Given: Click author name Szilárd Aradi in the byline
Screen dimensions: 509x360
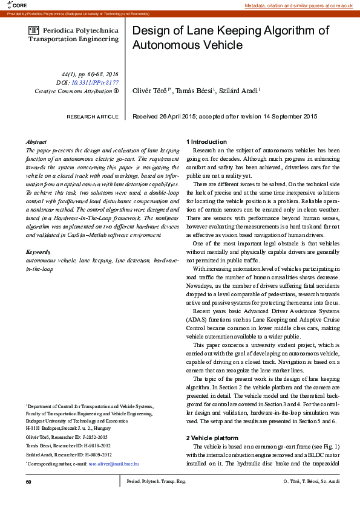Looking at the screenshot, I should pyautogui.click(x=239, y=91).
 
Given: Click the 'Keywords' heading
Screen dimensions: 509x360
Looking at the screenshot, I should pyautogui.click(x=38, y=251).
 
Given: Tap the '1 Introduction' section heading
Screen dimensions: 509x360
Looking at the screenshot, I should pyautogui.click(x=206, y=141).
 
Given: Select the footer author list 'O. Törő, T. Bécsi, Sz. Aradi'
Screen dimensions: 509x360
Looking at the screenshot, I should pyautogui.click(x=311, y=481).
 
